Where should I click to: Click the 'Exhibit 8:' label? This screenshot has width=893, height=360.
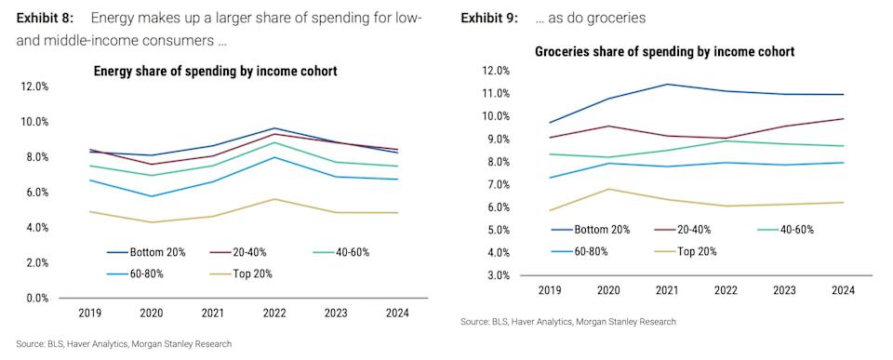[x=46, y=19]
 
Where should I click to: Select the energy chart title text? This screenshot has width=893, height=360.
[x=215, y=71]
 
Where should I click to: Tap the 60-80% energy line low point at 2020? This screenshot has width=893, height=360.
[x=150, y=196]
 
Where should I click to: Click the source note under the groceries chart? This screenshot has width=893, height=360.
[x=567, y=322]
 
